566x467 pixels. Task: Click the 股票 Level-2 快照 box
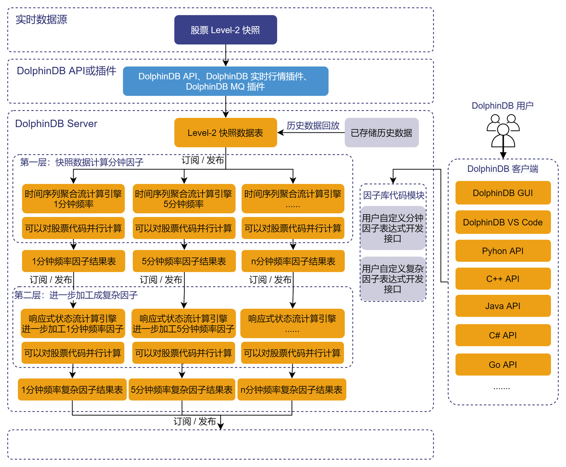[226, 30]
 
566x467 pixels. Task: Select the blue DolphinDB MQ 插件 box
[226, 81]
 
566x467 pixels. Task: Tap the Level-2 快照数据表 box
[226, 133]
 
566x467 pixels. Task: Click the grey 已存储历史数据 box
[381, 133]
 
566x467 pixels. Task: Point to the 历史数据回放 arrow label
[313, 126]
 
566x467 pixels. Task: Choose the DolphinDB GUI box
[503, 193]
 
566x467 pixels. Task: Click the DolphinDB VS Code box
[503, 222]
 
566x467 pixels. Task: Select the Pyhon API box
[503, 251]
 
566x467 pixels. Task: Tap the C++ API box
[503, 279]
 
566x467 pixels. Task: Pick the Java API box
[503, 306]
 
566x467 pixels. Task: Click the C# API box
[503, 335]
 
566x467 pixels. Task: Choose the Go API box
[503, 365]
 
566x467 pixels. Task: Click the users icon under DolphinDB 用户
[503, 130]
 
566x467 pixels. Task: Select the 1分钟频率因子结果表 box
[74, 261]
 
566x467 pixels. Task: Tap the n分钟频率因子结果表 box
[293, 261]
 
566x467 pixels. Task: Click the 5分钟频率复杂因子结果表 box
[182, 389]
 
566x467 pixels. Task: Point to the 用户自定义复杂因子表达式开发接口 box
[393, 279]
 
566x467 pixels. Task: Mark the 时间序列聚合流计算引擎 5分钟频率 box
[184, 199]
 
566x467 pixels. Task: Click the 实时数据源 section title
[41, 20]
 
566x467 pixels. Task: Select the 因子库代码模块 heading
[393, 195]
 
